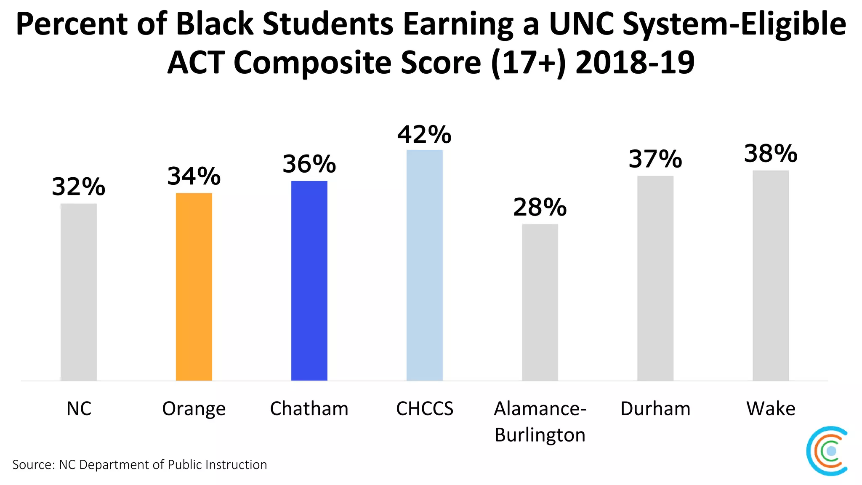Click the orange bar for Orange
click(194, 287)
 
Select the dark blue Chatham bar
click(309, 281)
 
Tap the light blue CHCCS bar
click(424, 265)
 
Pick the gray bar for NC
click(79, 292)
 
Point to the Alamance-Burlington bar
click(540, 302)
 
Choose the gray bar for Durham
click(655, 278)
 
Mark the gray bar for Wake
click(771, 275)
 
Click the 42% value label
click(424, 135)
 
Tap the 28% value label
click(540, 207)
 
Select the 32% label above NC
click(79, 187)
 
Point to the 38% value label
click(771, 154)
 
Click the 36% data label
click(309, 164)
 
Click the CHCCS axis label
click(424, 409)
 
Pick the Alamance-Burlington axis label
click(540, 421)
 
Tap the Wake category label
click(771, 409)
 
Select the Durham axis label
click(655, 409)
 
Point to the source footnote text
click(140, 465)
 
